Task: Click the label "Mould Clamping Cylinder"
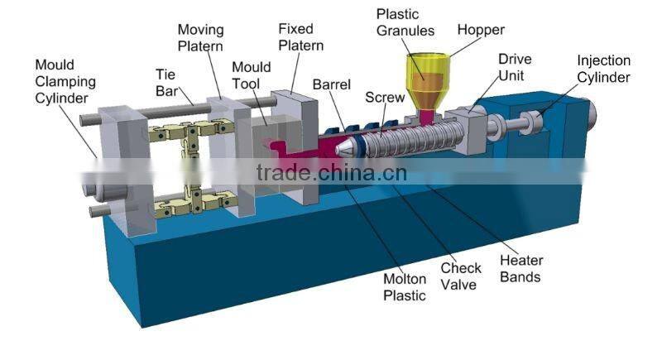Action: pos(65,82)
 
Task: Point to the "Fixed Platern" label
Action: pos(300,38)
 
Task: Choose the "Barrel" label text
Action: pos(332,84)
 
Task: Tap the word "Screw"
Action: pos(385,97)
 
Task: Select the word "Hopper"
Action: pos(480,30)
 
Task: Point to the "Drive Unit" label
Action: pos(514,66)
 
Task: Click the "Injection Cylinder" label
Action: pos(603,70)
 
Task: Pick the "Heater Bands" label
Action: pos(521,270)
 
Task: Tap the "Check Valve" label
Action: pos(461,276)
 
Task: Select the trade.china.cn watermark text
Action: pos(331,173)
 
